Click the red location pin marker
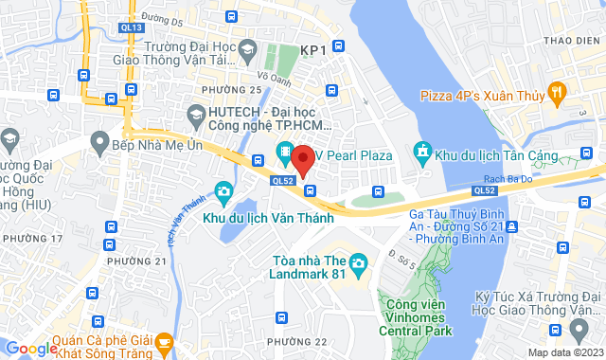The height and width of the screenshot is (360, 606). [x=303, y=160]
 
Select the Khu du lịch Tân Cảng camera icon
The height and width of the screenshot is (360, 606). [x=422, y=152]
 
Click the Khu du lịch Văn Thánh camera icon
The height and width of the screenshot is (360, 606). [x=223, y=193]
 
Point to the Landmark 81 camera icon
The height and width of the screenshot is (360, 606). [x=358, y=262]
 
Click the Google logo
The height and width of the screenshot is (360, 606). [x=31, y=349]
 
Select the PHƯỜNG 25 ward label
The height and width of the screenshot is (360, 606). [x=231, y=90]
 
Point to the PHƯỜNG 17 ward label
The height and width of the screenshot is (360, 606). [x=32, y=238]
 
